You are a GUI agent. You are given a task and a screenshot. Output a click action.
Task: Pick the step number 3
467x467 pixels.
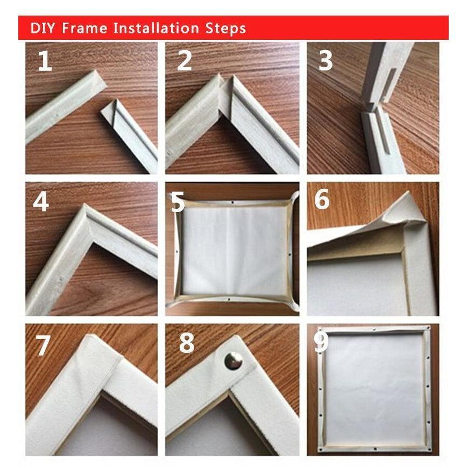(x=326, y=61)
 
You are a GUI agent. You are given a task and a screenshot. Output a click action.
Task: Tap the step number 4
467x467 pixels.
(x=41, y=202)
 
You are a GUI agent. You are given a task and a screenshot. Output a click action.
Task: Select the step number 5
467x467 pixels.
(x=178, y=203)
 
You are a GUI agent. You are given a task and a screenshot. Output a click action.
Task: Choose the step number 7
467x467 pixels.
(x=43, y=345)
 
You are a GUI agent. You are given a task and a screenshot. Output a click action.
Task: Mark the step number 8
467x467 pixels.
(x=186, y=343)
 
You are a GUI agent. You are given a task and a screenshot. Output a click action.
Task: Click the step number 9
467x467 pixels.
(x=322, y=342)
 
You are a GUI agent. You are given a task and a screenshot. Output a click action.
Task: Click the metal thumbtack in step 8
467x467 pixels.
(x=233, y=360)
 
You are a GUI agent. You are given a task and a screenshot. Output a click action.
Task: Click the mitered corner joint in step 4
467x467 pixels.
(x=86, y=215)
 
